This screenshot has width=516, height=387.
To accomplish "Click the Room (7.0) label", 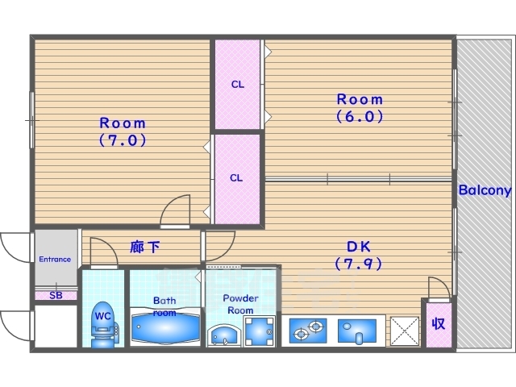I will tap(123, 131).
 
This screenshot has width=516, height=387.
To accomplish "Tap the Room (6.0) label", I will tap(360, 107).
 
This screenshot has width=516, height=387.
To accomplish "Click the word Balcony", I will tap(485, 191).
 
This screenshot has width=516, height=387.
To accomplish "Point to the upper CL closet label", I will tap(237, 84).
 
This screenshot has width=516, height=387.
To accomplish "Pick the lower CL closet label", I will tap(237, 178).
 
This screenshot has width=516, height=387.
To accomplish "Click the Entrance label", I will tap(55, 260).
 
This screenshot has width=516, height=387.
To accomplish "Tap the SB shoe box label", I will tap(55, 296).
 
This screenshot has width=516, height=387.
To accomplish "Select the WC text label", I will tap(102, 316).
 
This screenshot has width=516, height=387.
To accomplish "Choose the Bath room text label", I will tap(164, 306).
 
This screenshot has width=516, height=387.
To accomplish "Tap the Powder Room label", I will tap(240, 304).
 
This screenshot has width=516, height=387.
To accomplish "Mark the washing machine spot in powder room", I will tap(260, 331).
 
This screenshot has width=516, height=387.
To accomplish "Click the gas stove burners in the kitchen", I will tap(307, 330).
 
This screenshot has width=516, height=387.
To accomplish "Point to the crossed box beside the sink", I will tap(402, 330).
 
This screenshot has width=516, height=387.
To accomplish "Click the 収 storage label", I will tap(438, 324).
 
